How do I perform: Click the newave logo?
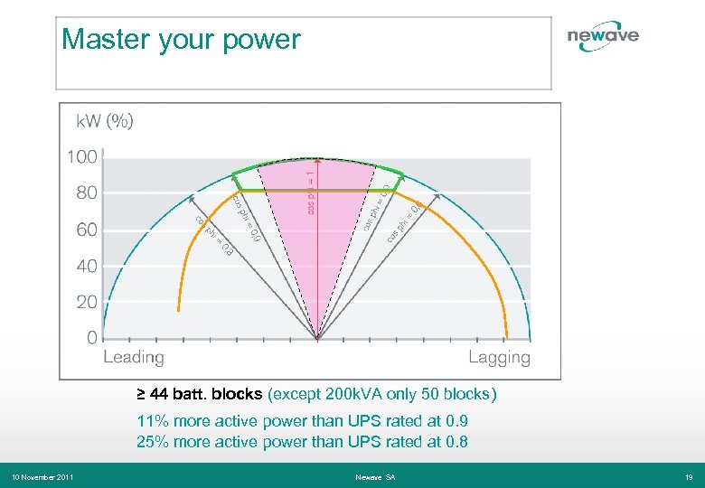[603, 36]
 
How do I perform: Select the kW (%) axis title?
[104, 120]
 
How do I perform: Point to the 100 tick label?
[82, 157]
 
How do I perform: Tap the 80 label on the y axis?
[86, 193]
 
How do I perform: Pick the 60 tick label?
[86, 230]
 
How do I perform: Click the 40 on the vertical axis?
[86, 267]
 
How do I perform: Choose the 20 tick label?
[86, 303]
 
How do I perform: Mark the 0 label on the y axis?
[91, 338]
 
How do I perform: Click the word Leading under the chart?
[134, 357]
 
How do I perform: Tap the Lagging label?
[499, 357]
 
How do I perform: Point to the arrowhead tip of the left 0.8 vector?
[192, 194]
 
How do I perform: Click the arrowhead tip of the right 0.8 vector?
[440, 194]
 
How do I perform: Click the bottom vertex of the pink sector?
[316, 339]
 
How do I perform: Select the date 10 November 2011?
[42, 476]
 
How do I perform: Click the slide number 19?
[689, 476]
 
